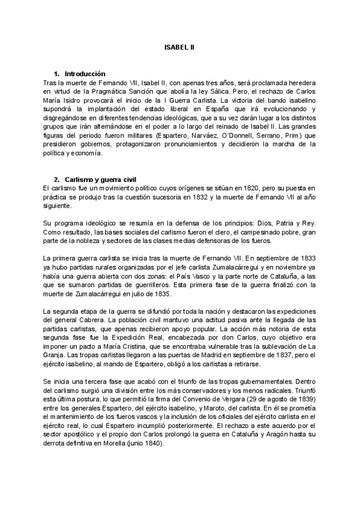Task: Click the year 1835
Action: (x=162, y=294)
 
